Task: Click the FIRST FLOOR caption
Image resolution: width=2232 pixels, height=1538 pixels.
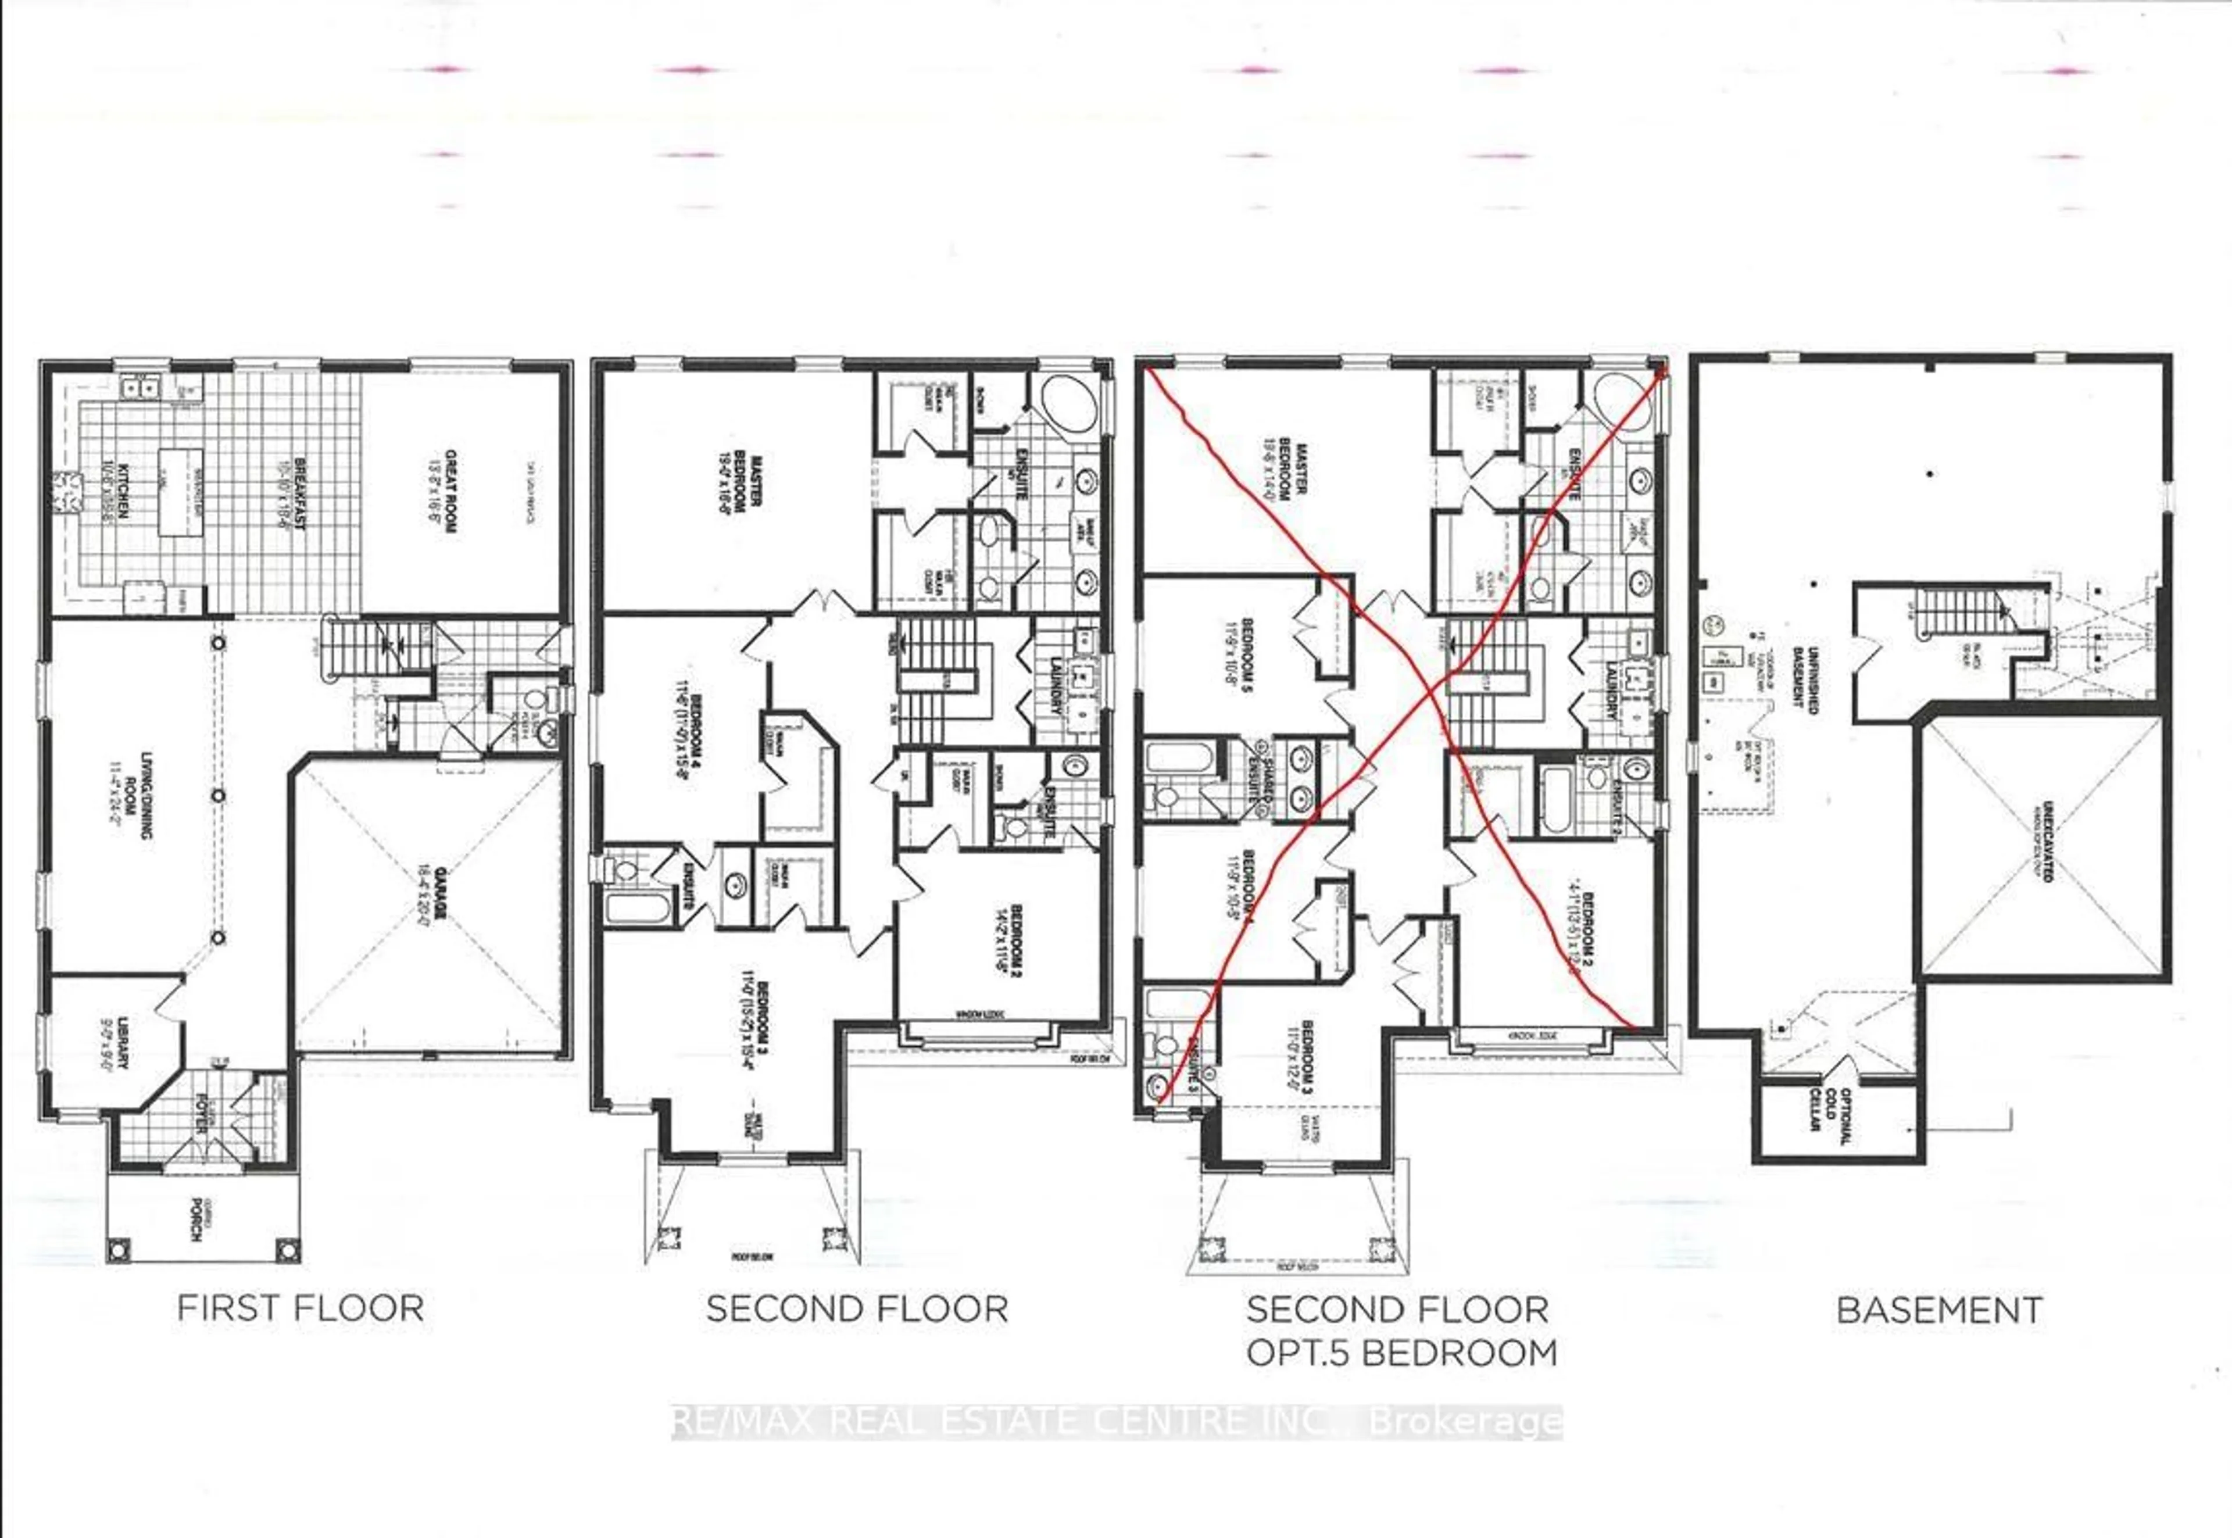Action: pyautogui.click(x=301, y=1308)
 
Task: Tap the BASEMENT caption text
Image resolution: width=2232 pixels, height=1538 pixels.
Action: pyautogui.click(x=1939, y=1311)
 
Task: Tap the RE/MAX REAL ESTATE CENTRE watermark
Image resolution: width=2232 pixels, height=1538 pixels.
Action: pyautogui.click(x=1116, y=1421)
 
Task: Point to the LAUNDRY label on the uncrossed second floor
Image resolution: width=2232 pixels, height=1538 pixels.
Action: pyautogui.click(x=1057, y=685)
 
